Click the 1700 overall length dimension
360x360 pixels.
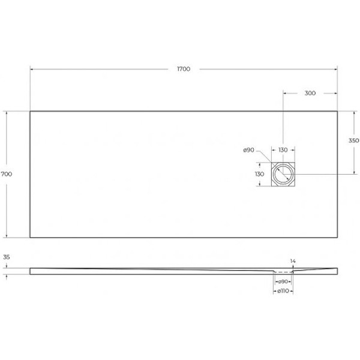coord(184,69)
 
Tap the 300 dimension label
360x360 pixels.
coord(310,93)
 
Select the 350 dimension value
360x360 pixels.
coord(353,140)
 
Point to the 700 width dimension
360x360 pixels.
coord(7,174)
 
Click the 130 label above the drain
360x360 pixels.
coord(283,150)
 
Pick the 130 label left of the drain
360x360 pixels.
coord(259,174)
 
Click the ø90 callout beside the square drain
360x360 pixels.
coord(249,150)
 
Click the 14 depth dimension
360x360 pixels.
coord(293,262)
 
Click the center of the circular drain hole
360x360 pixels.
coord(283,174)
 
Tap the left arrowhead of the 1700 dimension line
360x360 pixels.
coord(32,69)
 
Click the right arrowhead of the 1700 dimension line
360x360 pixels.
coord(335,69)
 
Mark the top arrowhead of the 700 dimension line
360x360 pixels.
coord(7,112)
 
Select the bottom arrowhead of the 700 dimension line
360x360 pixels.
coord(7,236)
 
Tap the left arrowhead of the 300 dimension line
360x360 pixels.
coord(284,93)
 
